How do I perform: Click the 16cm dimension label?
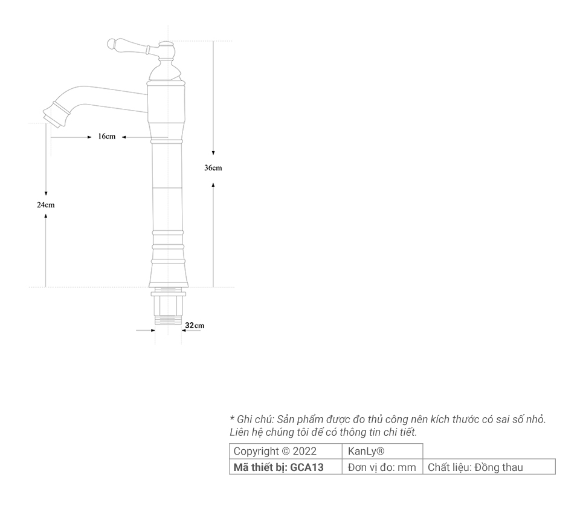[x=107, y=137]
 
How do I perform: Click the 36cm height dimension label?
[x=213, y=168]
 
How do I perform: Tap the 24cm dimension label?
[x=45, y=205]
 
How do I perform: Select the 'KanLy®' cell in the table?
[x=366, y=451]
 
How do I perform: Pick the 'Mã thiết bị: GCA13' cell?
[x=279, y=467]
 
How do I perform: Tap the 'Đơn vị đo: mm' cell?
[x=382, y=467]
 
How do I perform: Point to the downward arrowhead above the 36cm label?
[x=213, y=153]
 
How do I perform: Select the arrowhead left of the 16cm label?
[x=89, y=137]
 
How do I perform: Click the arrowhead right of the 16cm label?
[x=123, y=137]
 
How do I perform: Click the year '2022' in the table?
[x=304, y=451]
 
